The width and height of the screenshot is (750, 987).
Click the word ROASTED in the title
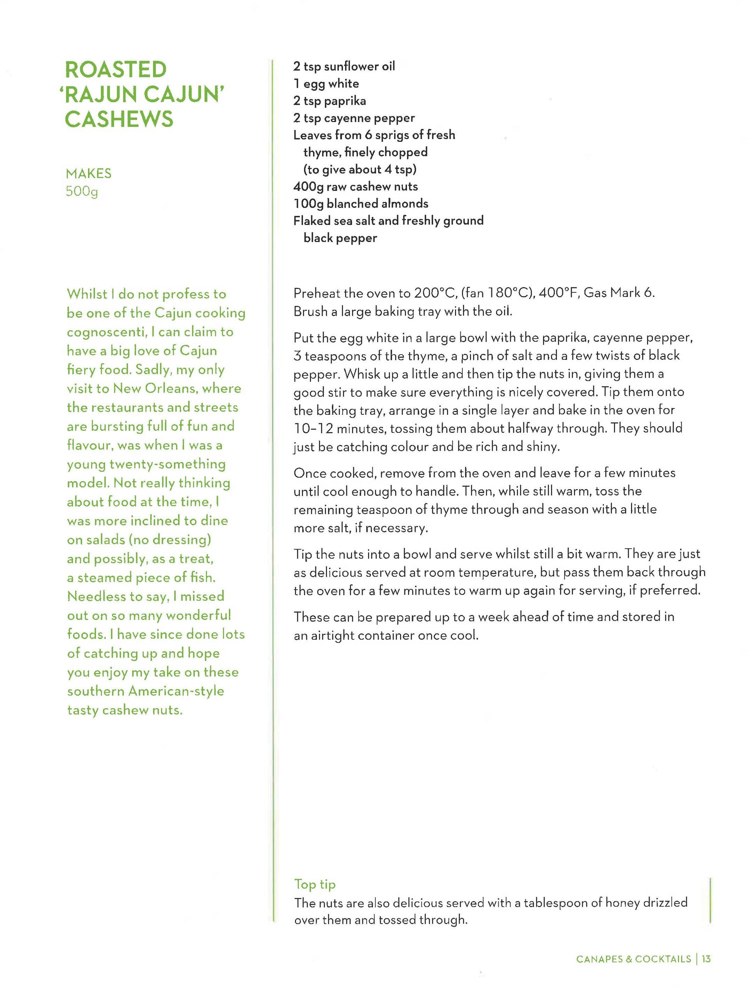(x=115, y=69)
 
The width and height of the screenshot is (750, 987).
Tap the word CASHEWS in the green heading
(x=119, y=119)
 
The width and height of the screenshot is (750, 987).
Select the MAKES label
(x=88, y=173)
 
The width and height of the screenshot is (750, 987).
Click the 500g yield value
(x=81, y=191)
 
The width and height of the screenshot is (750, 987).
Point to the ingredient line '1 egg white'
(x=326, y=83)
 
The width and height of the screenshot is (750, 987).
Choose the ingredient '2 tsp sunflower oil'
(x=344, y=66)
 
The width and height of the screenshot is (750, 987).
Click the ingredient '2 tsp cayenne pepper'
(x=354, y=118)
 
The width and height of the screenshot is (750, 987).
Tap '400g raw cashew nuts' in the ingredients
(x=355, y=186)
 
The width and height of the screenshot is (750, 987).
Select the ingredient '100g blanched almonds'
(x=360, y=203)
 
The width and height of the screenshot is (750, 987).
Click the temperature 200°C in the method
(x=434, y=293)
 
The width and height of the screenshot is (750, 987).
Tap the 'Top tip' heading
(x=314, y=884)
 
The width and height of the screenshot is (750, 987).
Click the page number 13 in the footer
(x=706, y=959)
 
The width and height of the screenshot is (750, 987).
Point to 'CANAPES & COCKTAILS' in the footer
(x=633, y=959)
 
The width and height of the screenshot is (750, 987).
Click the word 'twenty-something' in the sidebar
(x=167, y=464)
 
